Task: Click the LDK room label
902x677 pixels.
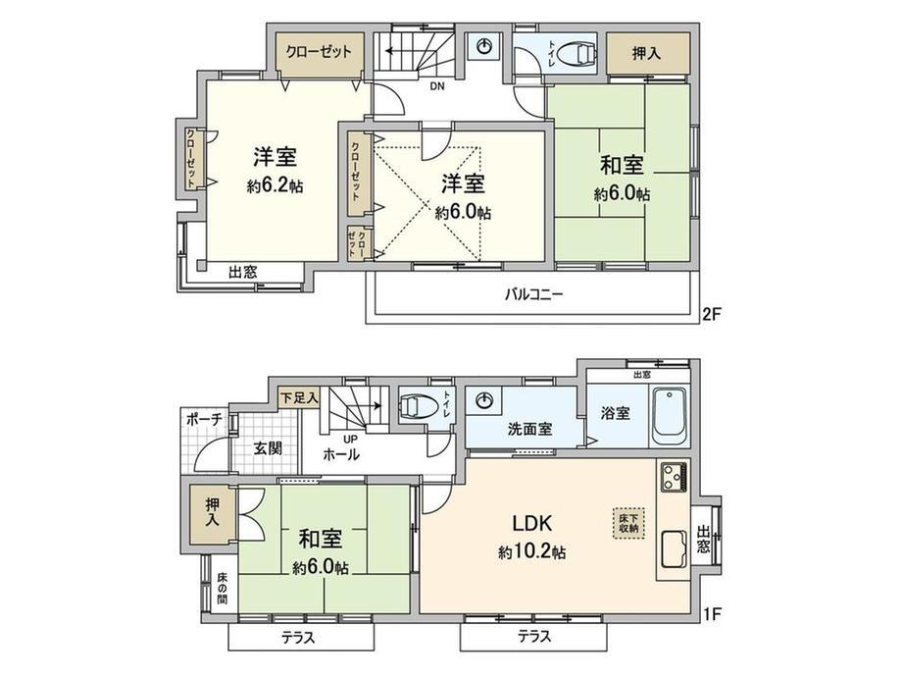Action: (532, 523)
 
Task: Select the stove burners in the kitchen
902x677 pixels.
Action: (674, 477)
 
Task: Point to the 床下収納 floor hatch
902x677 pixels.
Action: (628, 523)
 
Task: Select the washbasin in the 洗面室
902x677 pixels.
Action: (486, 400)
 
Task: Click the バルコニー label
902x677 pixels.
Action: (533, 294)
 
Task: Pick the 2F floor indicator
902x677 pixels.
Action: (711, 314)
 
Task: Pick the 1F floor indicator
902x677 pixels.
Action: (711, 614)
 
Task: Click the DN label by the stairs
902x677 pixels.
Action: (437, 87)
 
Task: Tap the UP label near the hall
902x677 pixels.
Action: (350, 440)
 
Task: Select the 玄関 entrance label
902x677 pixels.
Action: (268, 447)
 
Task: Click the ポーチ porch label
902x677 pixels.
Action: (204, 420)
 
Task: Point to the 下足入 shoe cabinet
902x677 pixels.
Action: (299, 397)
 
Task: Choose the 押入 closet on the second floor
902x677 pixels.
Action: (647, 54)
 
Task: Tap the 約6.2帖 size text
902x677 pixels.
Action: (275, 186)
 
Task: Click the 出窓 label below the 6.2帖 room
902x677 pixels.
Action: (243, 272)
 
